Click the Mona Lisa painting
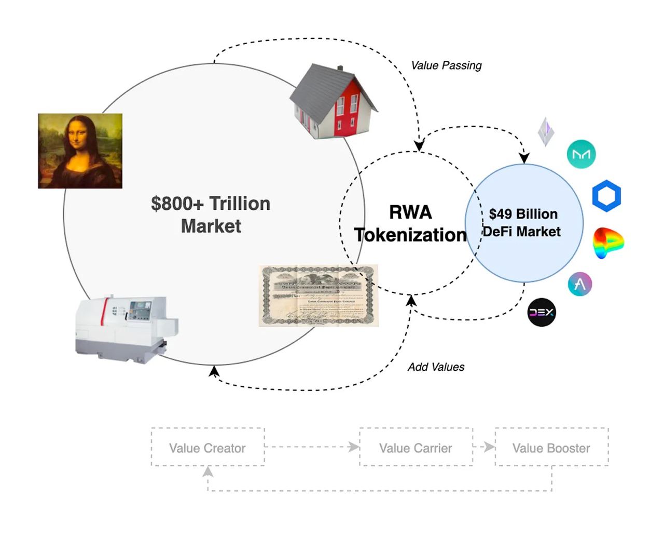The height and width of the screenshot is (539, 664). (x=80, y=151)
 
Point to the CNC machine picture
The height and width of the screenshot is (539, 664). (x=125, y=327)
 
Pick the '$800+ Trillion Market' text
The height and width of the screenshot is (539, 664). (x=211, y=214)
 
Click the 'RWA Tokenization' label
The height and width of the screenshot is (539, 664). (x=410, y=224)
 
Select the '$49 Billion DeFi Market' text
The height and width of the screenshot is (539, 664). (x=522, y=223)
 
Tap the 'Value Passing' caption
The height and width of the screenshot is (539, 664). (x=446, y=65)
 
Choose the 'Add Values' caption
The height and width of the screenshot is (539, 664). (x=436, y=367)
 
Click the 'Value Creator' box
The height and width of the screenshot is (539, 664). (x=208, y=448)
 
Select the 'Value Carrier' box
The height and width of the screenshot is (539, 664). (x=416, y=448)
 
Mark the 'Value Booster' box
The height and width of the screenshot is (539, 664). (x=551, y=448)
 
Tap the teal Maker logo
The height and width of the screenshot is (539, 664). (x=581, y=154)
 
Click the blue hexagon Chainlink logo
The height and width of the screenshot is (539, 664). (x=606, y=196)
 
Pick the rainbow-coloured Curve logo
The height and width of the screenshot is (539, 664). (x=608, y=242)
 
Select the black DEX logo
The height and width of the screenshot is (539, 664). (x=542, y=312)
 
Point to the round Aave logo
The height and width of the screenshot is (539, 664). (x=580, y=284)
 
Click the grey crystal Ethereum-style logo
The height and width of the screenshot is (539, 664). (x=546, y=131)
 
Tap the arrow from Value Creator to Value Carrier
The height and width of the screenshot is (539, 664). (x=311, y=447)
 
